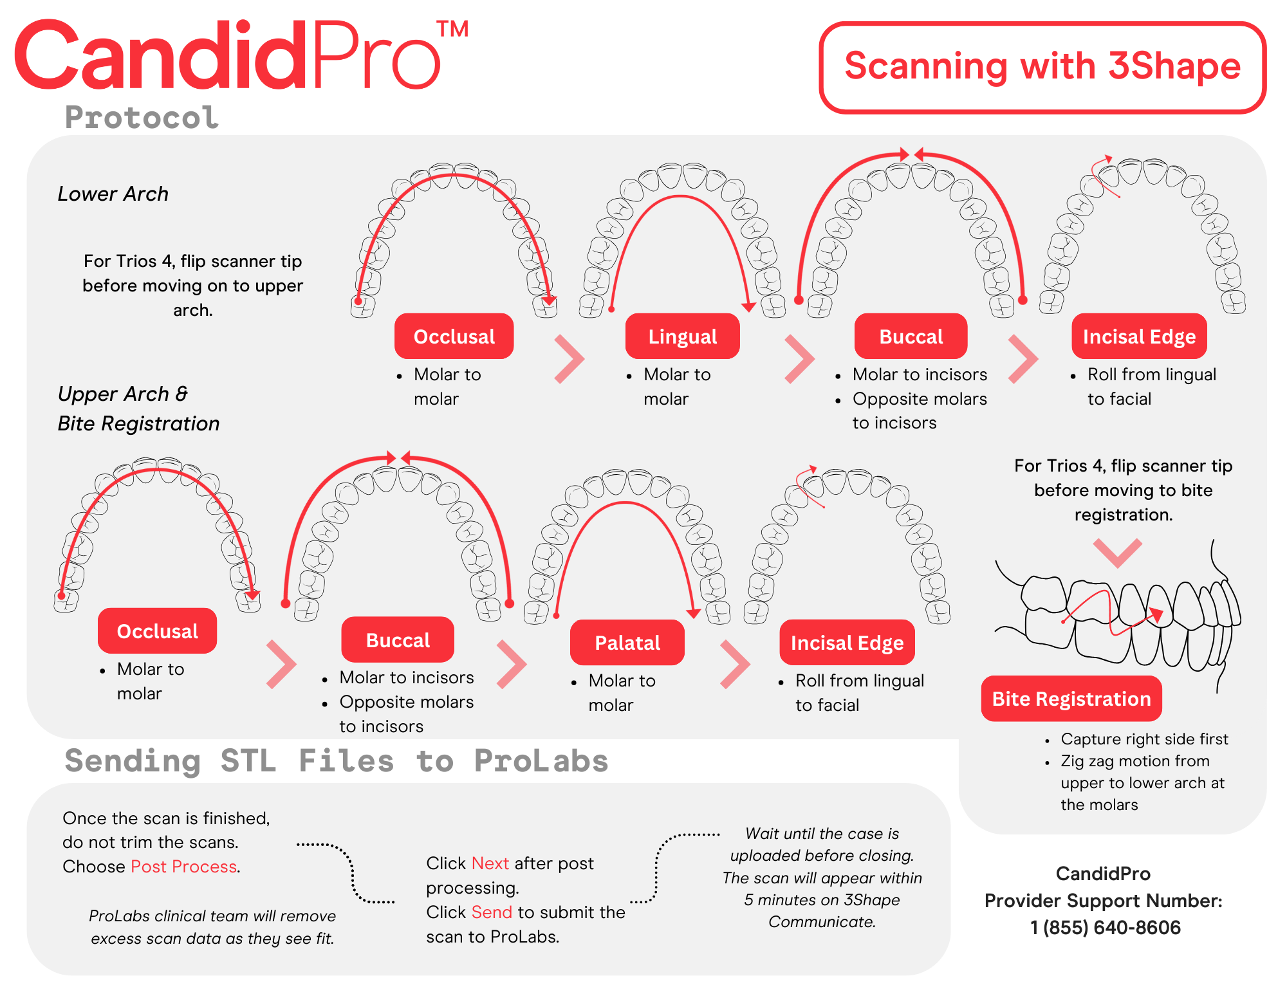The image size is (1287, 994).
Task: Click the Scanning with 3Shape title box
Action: point(1042,67)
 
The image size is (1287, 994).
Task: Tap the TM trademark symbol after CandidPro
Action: point(452,29)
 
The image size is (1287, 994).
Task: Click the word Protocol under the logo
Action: point(142,118)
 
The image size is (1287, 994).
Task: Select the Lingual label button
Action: point(682,336)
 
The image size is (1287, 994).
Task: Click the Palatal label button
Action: point(627,643)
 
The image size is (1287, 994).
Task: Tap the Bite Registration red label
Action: point(1071,699)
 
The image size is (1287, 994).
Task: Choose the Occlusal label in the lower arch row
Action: point(454,336)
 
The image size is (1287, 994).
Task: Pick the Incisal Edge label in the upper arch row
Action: point(847,643)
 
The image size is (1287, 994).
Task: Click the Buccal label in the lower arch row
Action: point(911,336)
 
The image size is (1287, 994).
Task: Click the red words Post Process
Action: point(183,867)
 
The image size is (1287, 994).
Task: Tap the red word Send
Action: point(492,912)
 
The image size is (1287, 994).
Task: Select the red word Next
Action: point(490,863)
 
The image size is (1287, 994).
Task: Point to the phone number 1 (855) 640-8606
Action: point(1105,928)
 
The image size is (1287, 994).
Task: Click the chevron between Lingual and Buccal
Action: point(800,359)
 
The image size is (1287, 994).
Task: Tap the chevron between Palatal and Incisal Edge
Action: point(736,664)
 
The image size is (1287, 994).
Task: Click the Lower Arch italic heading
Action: point(113,194)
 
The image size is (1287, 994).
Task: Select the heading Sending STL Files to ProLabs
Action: point(337,761)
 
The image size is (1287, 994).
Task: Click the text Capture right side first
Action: point(1144,739)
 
